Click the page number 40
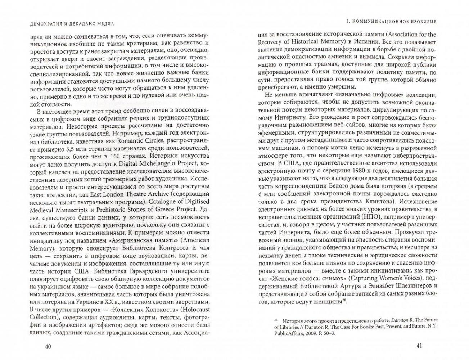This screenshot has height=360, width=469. pos(47,346)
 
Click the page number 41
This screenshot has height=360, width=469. pos(419,346)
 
